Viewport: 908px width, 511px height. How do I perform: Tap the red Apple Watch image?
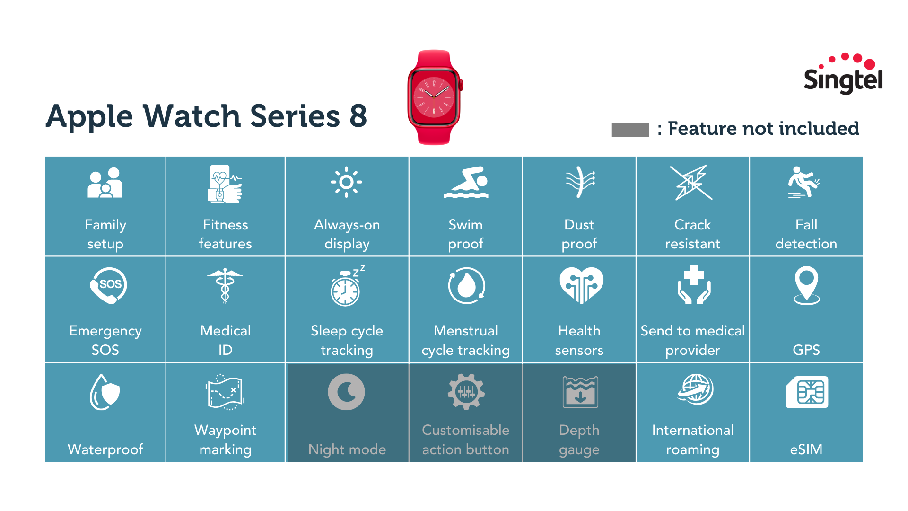(x=434, y=97)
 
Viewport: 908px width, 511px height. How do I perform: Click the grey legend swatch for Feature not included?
(x=630, y=130)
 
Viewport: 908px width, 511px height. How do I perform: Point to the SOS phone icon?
(x=108, y=285)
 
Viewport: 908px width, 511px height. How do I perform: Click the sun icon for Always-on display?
(x=346, y=182)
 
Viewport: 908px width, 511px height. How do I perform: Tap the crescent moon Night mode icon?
(x=346, y=392)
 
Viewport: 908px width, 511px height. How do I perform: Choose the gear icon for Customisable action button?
(x=466, y=392)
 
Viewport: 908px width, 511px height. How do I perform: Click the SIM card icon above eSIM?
(x=807, y=392)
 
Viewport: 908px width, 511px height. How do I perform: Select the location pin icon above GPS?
(x=806, y=285)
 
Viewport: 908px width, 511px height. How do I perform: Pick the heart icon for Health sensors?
(x=581, y=285)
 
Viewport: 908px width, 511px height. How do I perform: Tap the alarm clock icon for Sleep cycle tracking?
(x=346, y=287)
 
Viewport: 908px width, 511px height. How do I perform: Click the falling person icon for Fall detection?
(x=803, y=182)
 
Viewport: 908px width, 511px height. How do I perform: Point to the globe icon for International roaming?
(x=695, y=389)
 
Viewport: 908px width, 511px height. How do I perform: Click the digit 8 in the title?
(x=358, y=116)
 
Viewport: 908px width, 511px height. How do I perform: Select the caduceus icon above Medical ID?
(x=225, y=285)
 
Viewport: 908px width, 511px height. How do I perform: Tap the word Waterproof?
(x=105, y=449)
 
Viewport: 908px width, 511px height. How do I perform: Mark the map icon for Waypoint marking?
(x=225, y=392)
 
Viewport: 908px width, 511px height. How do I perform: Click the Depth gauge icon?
(x=580, y=392)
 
